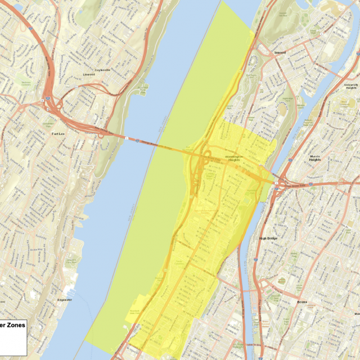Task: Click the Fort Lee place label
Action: pos(58,134)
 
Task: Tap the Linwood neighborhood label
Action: pos(89,74)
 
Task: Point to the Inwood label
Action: pos(280,52)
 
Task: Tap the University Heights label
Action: pos(350,86)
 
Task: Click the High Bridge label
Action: pos(268,238)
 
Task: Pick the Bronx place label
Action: pos(302,302)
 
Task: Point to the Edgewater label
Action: pos(65,300)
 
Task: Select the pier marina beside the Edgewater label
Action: pos(70,291)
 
